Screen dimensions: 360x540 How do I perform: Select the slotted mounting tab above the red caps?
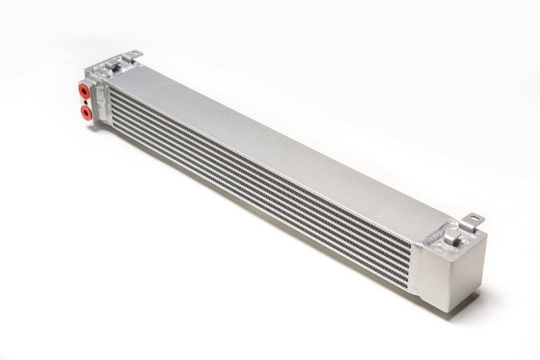point(131,53)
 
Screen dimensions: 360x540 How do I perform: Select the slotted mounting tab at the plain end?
point(474,220)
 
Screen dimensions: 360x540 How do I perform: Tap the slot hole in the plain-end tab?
point(475,218)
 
